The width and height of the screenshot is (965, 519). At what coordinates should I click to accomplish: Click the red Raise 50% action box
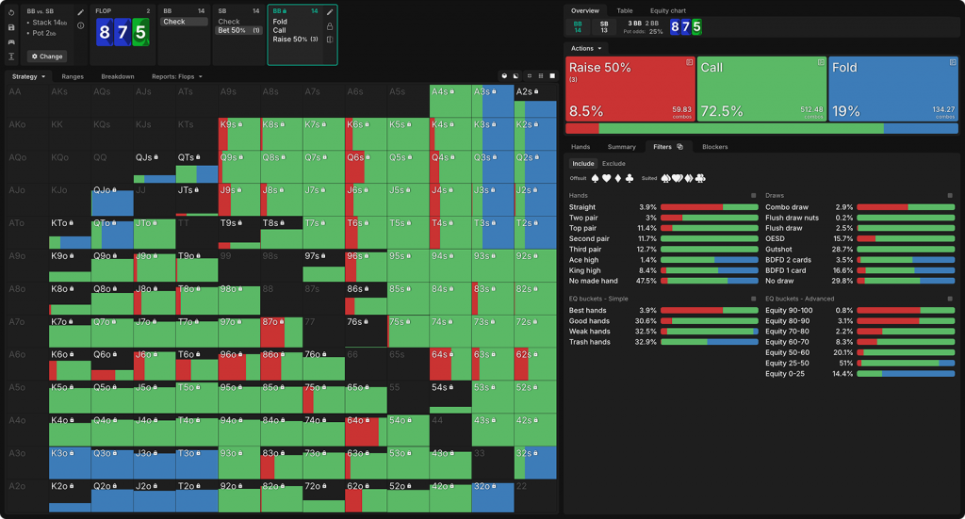pyautogui.click(x=629, y=88)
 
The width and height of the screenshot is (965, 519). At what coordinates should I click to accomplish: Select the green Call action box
pyautogui.click(x=761, y=88)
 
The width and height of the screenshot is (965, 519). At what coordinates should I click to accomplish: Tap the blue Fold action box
pyautogui.click(x=892, y=88)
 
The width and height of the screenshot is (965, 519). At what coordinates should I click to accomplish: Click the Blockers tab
pyautogui.click(x=714, y=147)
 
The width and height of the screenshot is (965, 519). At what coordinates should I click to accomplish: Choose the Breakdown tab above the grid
pyautogui.click(x=118, y=76)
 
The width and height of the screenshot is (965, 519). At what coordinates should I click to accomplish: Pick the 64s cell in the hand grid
pyautogui.click(x=450, y=364)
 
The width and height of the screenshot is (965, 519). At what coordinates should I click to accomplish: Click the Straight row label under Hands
pyautogui.click(x=582, y=206)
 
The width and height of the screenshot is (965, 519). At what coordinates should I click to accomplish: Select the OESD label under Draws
pyautogui.click(x=775, y=238)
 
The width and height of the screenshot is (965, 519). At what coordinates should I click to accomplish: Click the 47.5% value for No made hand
pyautogui.click(x=646, y=281)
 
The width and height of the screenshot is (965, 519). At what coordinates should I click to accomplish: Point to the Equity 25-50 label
pyautogui.click(x=787, y=363)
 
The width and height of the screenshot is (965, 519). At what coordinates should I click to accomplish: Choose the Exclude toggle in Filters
pyautogui.click(x=613, y=164)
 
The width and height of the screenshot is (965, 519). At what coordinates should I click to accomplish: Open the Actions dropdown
pyautogui.click(x=586, y=48)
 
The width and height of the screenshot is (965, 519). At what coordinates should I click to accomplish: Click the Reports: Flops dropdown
pyautogui.click(x=177, y=76)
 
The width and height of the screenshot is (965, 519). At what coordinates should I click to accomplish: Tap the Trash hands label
pyautogui.click(x=590, y=342)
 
